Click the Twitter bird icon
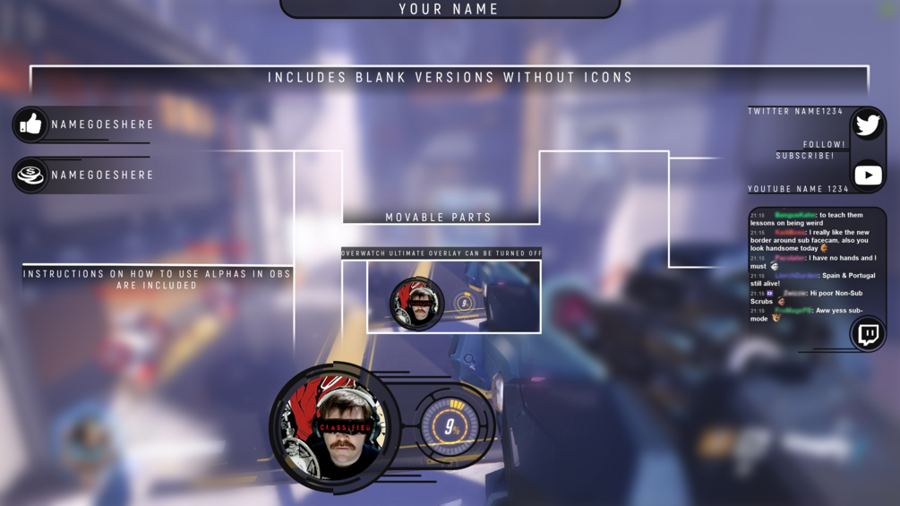[x=868, y=124]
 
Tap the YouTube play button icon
[x=868, y=176]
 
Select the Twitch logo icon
[x=868, y=335]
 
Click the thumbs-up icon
[x=30, y=124]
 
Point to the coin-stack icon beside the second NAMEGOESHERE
[x=30, y=176]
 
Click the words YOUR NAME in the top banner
[x=450, y=9]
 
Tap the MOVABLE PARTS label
[x=439, y=218]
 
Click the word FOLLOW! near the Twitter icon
[x=824, y=144]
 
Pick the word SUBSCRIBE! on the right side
[x=805, y=156]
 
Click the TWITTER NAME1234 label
[x=795, y=111]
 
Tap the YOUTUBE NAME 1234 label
[x=798, y=189]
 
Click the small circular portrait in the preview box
[x=417, y=304]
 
